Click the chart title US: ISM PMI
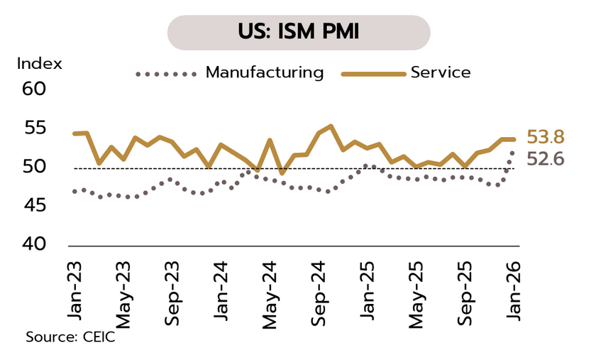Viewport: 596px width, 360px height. [x=298, y=33]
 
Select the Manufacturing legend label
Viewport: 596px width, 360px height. [x=264, y=72]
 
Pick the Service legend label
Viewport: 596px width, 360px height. [x=440, y=72]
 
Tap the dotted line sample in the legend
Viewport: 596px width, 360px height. [x=165, y=73]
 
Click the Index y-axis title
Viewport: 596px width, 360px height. [x=39, y=63]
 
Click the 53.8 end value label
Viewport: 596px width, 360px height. [x=545, y=138]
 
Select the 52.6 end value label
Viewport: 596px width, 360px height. [x=545, y=159]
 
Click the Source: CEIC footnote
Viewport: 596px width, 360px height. [x=70, y=337]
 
